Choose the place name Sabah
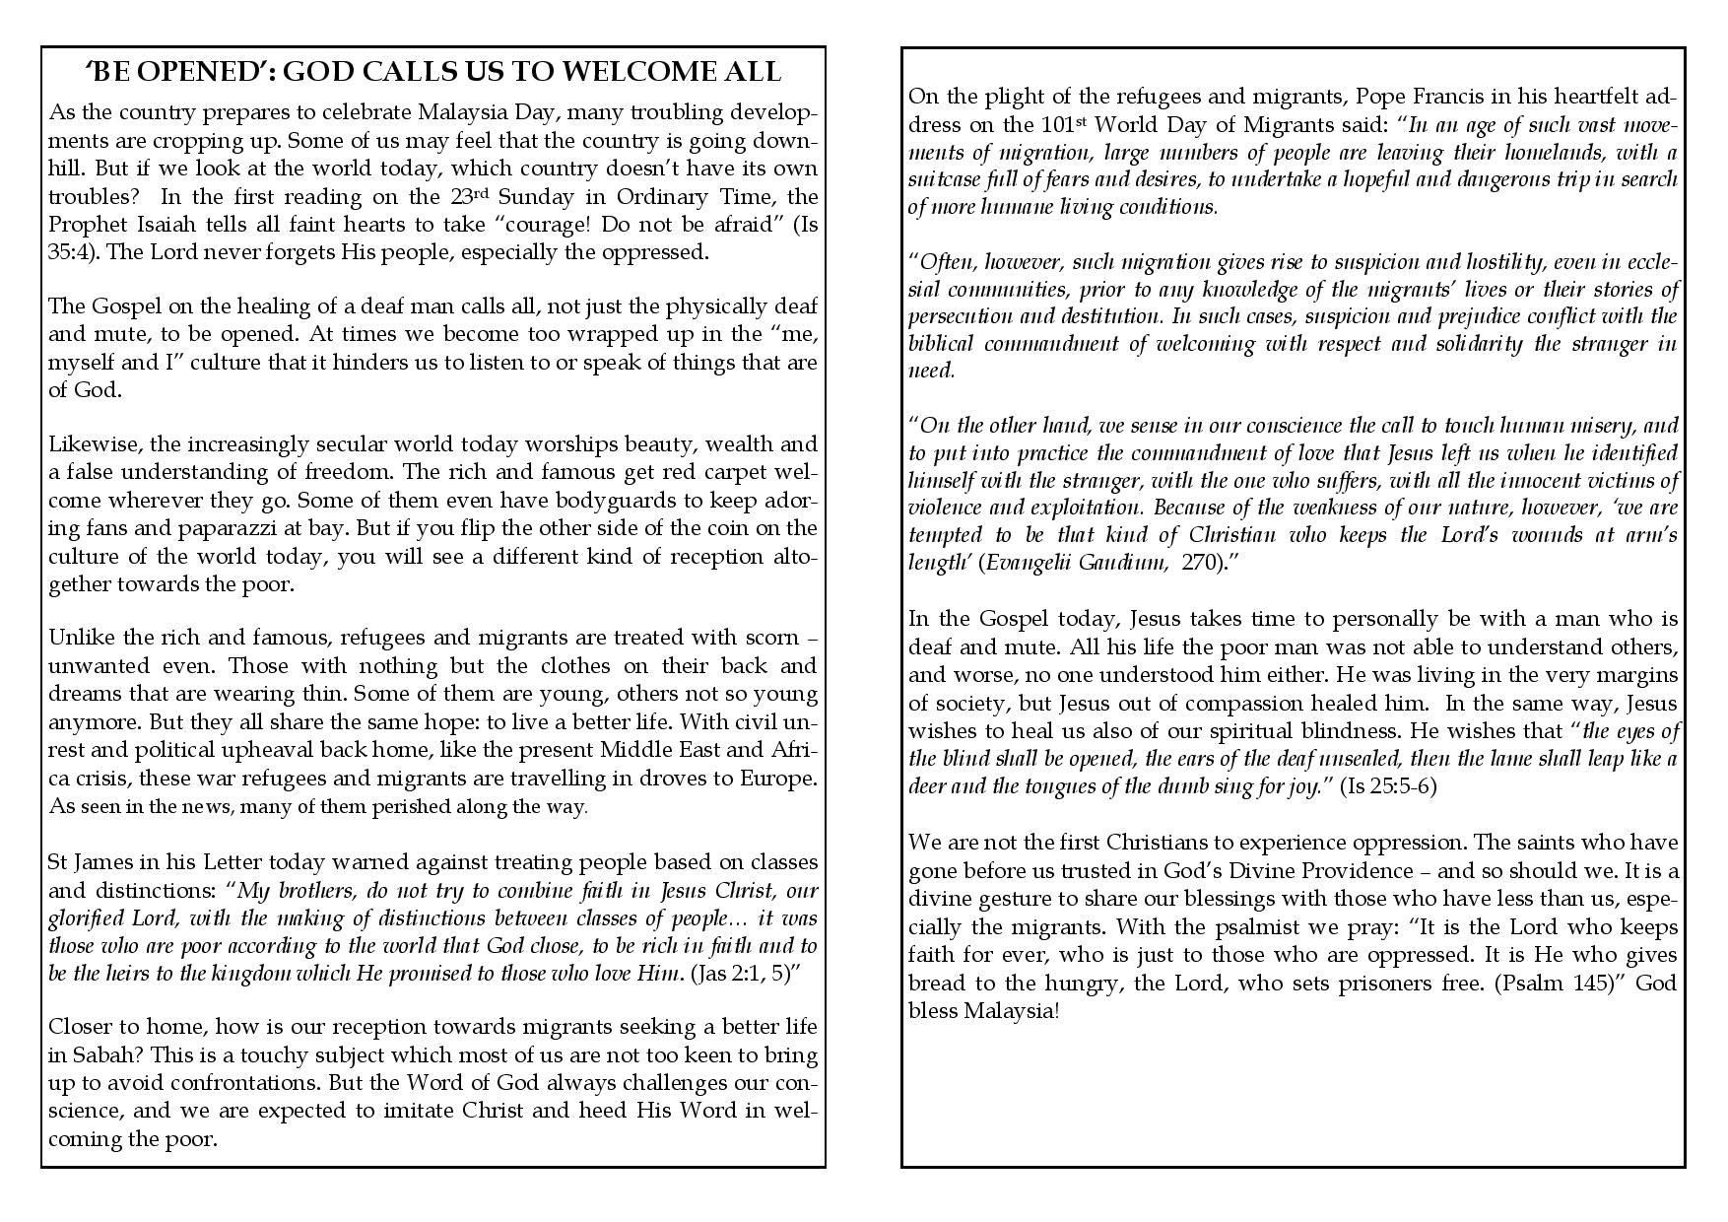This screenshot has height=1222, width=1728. pos(97,1055)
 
